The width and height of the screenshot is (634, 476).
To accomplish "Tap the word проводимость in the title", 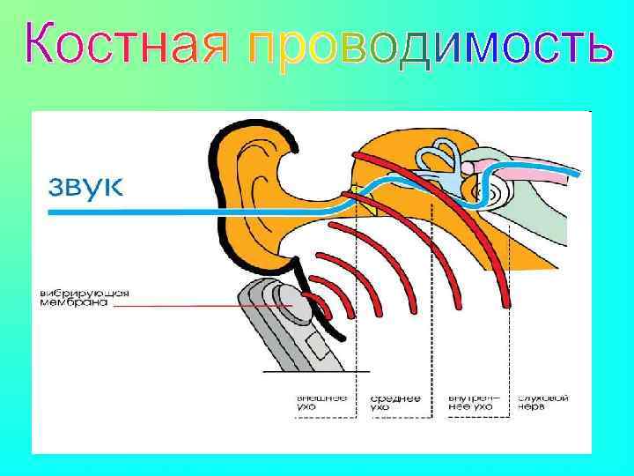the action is click(x=428, y=44).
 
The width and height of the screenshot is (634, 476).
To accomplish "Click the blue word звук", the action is click(x=85, y=187).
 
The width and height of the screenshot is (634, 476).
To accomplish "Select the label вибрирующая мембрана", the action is click(x=72, y=297).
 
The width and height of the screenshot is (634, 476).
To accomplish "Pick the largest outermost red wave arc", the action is click(x=493, y=256).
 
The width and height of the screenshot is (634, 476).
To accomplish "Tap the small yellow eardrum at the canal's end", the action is click(x=354, y=189).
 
